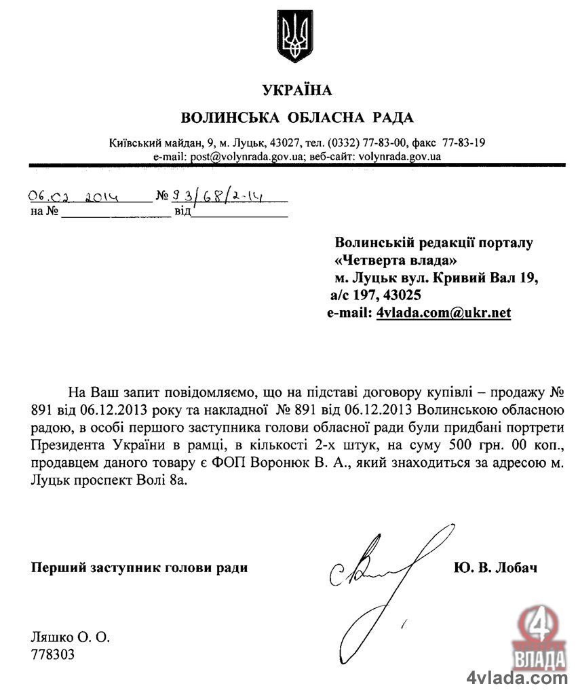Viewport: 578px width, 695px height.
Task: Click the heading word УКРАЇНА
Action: (296, 90)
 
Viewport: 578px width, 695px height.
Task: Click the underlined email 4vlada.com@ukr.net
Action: (443, 313)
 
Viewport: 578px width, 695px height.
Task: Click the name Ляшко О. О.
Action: (70, 637)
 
